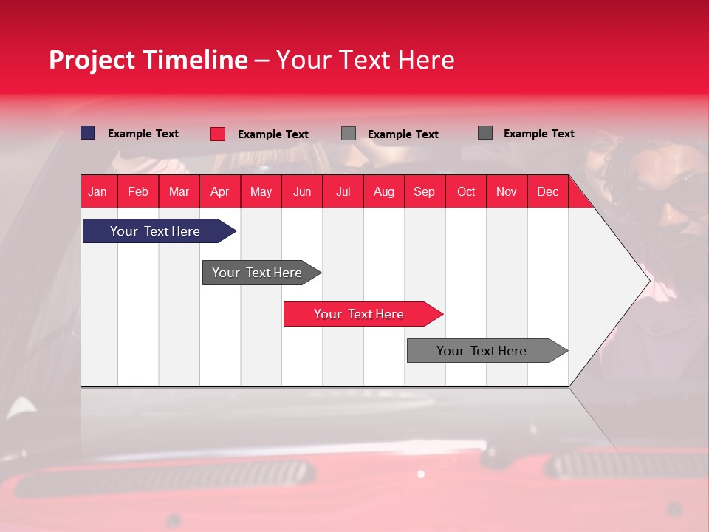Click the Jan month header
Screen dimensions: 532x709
pos(98,191)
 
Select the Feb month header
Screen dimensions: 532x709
pos(138,191)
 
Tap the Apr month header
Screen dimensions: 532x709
pos(220,191)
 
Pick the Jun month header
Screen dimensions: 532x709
pos(302,191)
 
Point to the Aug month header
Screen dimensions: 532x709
pos(384,191)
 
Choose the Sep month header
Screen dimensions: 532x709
pos(425,191)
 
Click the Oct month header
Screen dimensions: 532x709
pos(466,191)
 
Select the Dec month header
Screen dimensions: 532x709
pos(548,191)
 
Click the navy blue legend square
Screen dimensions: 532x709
pos(88,133)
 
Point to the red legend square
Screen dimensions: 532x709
pos(218,134)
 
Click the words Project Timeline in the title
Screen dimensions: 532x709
pos(148,60)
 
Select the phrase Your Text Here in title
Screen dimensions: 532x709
pos(366,60)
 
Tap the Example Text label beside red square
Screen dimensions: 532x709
pos(273,134)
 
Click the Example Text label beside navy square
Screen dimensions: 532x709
pos(143,134)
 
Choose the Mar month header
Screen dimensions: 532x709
pos(179,191)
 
